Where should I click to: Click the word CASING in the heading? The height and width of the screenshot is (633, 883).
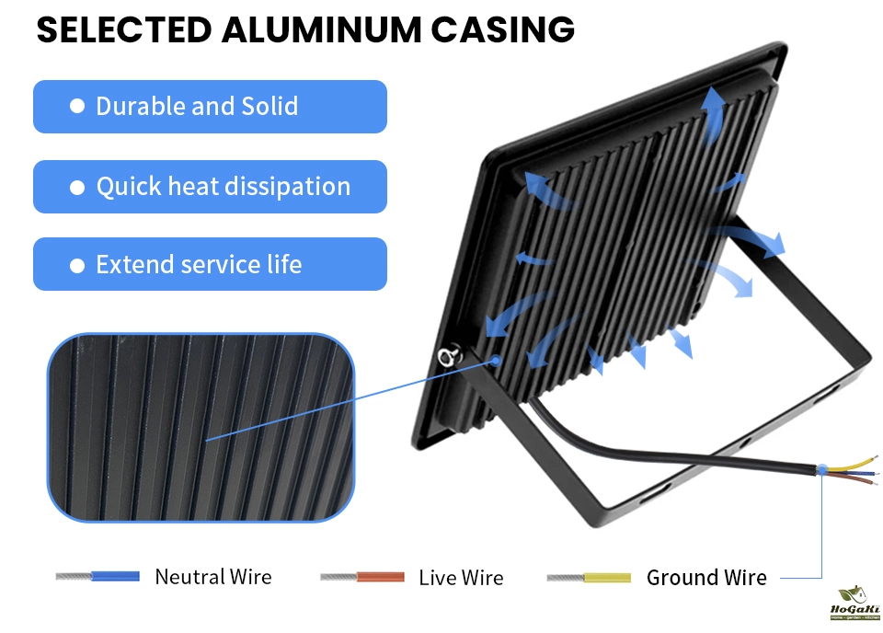504,30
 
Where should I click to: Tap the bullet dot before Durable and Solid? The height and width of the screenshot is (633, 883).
77,107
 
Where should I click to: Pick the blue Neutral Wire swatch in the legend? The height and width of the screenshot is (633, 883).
115,577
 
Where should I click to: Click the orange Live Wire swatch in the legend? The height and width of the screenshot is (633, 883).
380,578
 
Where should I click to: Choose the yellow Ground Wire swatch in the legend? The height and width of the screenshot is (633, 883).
607,578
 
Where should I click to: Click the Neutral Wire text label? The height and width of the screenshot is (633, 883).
213,577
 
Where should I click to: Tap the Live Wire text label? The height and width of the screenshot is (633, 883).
461,578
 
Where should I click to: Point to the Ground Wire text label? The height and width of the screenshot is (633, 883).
706,578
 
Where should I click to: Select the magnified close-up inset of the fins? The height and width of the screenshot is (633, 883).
201,428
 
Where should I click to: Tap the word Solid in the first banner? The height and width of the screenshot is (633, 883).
269,107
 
